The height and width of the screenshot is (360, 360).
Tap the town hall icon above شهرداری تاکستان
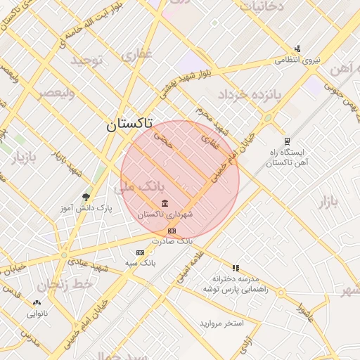coord(165,204)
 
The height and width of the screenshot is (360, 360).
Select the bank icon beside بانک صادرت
coord(172,231)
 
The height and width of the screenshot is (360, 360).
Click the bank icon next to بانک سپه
coord(140,252)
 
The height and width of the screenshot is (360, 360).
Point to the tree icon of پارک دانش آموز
coord(86,197)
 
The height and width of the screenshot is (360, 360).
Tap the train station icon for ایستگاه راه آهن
coord(288,141)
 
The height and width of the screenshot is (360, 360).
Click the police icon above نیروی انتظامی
coord(298,49)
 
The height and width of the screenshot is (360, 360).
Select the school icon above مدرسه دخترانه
coord(236,268)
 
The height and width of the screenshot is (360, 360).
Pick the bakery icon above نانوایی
coord(37,303)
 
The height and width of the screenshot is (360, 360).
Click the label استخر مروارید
coord(221,323)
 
